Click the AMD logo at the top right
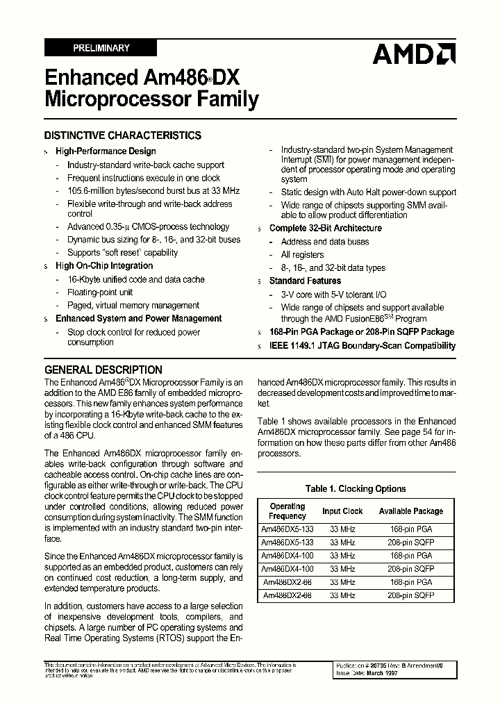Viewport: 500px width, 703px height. (414, 53)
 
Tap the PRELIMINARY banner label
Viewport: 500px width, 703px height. (101, 48)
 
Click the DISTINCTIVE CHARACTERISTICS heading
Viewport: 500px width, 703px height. (123, 135)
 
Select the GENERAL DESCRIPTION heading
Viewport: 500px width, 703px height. (103, 370)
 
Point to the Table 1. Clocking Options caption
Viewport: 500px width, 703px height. (356, 488)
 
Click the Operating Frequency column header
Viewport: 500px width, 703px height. (287, 511)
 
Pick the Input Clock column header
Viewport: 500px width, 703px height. (342, 511)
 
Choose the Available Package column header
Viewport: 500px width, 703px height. (411, 511)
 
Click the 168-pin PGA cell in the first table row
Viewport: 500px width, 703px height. (411, 529)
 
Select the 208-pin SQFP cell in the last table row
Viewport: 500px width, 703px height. (411, 595)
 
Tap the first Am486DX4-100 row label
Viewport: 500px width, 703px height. (287, 556)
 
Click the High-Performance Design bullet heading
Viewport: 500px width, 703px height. (106, 151)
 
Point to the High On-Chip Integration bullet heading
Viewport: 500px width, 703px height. (104, 265)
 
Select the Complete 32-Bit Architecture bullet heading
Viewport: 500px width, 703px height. (326, 228)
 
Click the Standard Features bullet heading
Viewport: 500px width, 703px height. (305, 281)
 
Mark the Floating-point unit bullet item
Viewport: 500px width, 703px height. (100, 292)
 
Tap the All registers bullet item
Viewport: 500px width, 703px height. (302, 255)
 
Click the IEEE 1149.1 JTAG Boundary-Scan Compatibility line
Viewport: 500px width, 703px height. (362, 345)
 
